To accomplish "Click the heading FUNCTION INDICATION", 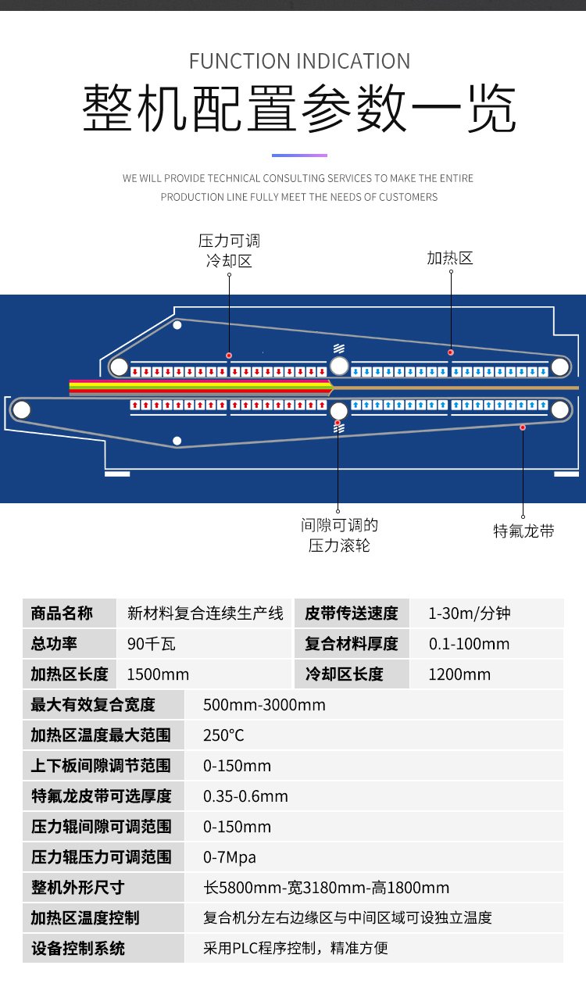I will coord(299,61).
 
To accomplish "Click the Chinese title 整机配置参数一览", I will coord(299,110).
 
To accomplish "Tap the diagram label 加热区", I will coord(450,258).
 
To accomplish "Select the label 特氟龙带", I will coord(523,531).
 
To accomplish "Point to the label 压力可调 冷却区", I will coord(229,250).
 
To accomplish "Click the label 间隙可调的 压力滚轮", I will coord(339,535).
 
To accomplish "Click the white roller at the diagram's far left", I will coord(21,409).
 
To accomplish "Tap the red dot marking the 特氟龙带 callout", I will coord(523,427).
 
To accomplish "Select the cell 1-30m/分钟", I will coord(469,613).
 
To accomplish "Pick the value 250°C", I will coord(223,735).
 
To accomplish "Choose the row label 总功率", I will coord(54,644).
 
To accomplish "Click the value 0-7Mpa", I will coord(230,857).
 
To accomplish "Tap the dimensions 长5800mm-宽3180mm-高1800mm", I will coord(326,888).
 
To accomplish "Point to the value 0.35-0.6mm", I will coord(245,796).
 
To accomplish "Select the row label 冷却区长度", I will coord(344,674).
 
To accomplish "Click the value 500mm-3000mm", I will coord(264,705).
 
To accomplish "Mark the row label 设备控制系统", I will coord(77,949).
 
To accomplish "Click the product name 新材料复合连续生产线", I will coord(205,613).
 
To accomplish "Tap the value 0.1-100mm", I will coord(469,644).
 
